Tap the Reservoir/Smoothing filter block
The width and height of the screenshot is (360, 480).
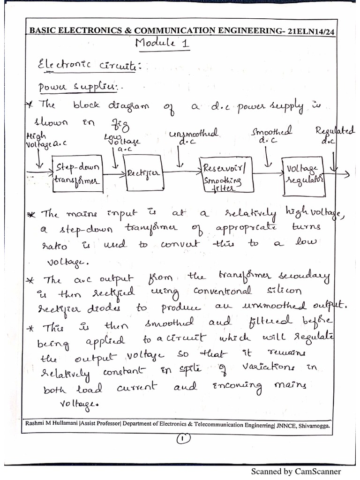(x=222, y=175)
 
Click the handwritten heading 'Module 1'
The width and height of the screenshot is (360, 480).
(x=155, y=44)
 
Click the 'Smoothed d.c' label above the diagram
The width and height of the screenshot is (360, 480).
(x=271, y=135)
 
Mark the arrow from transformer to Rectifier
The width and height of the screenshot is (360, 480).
(x=112, y=175)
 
